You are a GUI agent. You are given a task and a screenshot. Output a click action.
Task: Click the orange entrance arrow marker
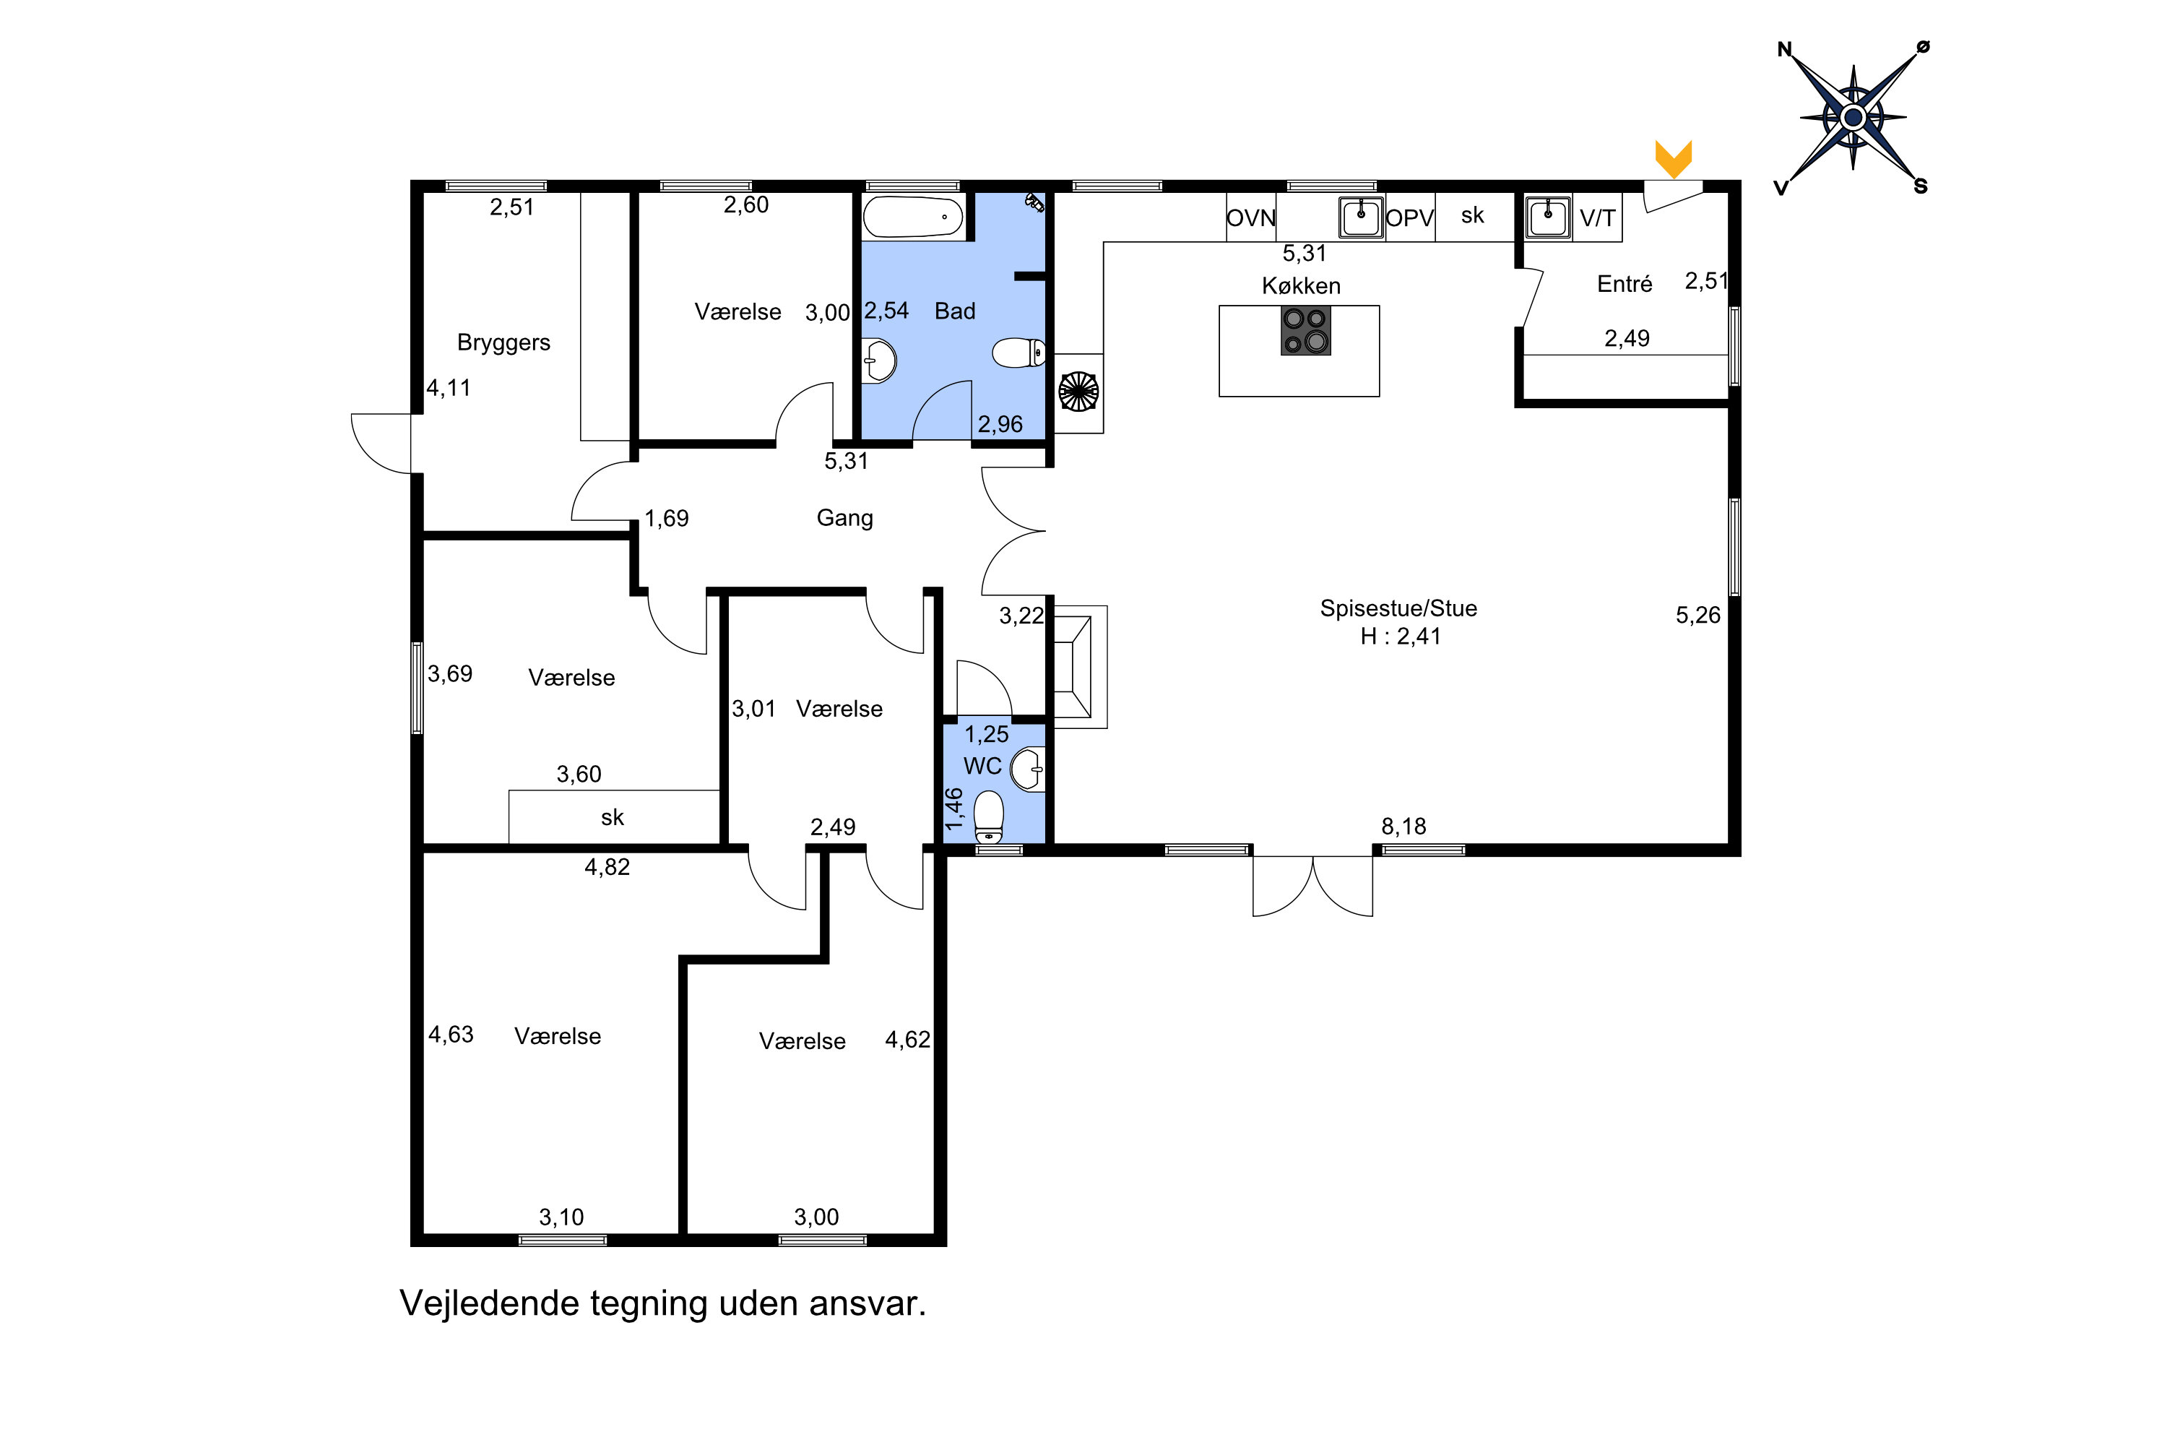tap(1673, 158)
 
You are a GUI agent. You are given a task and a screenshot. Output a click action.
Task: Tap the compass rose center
tap(1853, 117)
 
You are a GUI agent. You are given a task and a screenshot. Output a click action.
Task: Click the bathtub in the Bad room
tap(913, 217)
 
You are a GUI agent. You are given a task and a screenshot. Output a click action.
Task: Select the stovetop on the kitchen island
tap(1305, 330)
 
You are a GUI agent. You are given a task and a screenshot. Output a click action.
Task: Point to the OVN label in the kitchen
tap(1250, 218)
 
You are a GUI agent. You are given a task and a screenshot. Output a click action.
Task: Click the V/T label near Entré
tap(1598, 218)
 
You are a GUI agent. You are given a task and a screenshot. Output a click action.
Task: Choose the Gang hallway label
tap(845, 518)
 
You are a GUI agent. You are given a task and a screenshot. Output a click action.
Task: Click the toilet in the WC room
tap(989, 816)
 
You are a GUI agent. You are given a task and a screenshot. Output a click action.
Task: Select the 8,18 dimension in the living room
tap(1403, 827)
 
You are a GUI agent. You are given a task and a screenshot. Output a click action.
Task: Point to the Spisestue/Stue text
tap(1398, 608)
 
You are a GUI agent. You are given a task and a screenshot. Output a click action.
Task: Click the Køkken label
tap(1301, 285)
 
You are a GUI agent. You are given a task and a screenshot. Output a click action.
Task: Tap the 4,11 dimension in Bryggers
tap(449, 389)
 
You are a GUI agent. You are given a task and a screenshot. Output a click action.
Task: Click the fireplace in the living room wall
tap(1080, 667)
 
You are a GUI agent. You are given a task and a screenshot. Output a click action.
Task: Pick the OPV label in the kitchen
tap(1410, 218)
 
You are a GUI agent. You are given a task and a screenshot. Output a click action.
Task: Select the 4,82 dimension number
tap(607, 867)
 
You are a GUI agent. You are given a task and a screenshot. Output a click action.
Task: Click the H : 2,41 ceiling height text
tap(1401, 637)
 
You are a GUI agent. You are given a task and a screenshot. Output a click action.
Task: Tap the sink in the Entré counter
tap(1548, 217)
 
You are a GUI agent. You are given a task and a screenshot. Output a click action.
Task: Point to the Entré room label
tap(1625, 284)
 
